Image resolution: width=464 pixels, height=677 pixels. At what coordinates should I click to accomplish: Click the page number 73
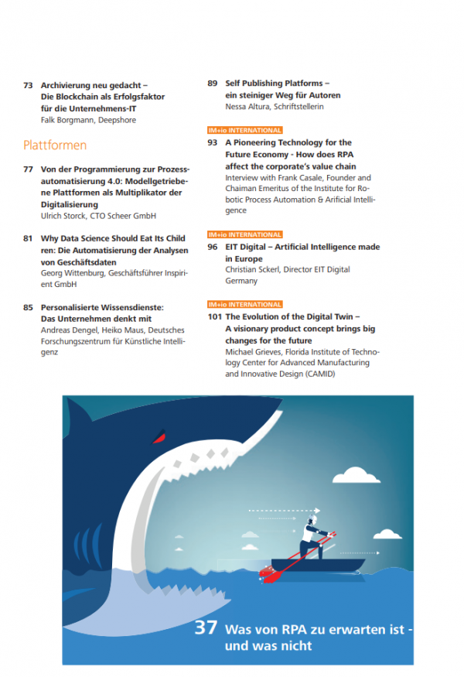pos(29,86)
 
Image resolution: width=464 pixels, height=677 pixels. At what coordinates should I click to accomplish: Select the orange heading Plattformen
pos(55,145)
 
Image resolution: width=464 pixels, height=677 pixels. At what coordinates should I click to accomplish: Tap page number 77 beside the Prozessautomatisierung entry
pos(29,169)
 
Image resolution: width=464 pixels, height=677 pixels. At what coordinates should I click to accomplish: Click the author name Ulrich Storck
pos(63,217)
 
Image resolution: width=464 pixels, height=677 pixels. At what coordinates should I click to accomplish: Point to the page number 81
pos(29,239)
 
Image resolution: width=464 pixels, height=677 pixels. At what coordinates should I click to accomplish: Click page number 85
pos(29,307)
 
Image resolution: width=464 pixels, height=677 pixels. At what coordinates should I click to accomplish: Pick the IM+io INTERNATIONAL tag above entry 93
pos(245,131)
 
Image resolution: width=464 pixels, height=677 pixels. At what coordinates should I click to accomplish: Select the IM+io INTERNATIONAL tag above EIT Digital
pos(245,234)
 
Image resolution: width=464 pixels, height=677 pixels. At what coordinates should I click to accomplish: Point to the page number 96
pos(213,247)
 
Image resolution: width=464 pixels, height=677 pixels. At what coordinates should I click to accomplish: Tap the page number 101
pos(215,317)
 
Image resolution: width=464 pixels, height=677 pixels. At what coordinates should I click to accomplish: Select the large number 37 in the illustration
pos(206,628)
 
